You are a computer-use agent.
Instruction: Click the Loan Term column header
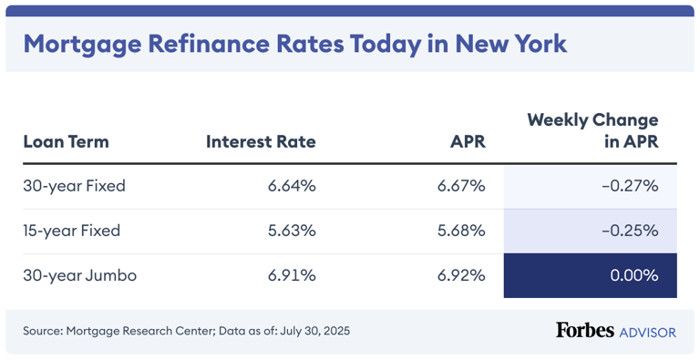(x=66, y=141)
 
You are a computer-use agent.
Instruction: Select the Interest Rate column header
(x=261, y=141)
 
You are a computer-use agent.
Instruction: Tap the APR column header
(x=468, y=141)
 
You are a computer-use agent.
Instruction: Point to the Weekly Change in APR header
(x=592, y=130)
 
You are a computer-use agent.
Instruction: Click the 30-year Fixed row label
(x=74, y=186)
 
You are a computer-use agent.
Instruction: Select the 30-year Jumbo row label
(x=79, y=275)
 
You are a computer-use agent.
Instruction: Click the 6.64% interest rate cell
(x=292, y=186)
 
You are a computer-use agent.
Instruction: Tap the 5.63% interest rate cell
(x=292, y=231)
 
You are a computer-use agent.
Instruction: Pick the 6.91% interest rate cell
(x=292, y=275)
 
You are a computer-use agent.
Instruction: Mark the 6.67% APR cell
(x=461, y=186)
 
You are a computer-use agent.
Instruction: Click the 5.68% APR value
(x=461, y=231)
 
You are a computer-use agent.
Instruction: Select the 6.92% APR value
(x=461, y=275)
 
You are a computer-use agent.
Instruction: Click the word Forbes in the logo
(x=584, y=330)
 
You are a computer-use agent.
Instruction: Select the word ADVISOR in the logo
(x=647, y=332)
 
